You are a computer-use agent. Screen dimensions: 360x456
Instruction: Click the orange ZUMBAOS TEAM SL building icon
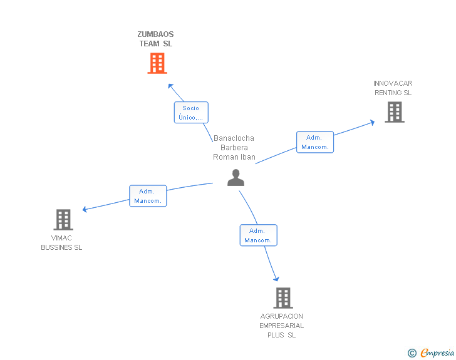[x=157, y=63]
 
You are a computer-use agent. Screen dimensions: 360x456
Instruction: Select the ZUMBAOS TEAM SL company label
[x=156, y=39]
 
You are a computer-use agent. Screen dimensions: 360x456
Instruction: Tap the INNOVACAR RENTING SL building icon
[x=394, y=112]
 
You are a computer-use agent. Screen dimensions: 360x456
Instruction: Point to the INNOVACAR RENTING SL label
[x=393, y=88]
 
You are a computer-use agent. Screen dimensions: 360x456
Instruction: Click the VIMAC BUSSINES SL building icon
[x=63, y=220]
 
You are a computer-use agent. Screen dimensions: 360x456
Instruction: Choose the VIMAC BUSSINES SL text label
[x=61, y=243]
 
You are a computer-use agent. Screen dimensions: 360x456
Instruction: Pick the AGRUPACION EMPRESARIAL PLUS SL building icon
[x=282, y=298]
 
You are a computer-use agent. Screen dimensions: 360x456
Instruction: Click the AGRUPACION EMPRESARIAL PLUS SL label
[x=281, y=326]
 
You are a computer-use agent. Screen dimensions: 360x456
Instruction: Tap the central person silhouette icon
[x=236, y=178]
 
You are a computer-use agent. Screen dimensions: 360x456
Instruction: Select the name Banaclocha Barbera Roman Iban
[x=234, y=148]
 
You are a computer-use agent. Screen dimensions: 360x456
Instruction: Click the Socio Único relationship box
[x=190, y=112]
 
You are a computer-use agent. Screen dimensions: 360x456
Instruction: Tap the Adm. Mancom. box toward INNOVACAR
[x=315, y=142]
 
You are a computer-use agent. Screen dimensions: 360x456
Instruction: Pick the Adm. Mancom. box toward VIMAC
[x=148, y=196]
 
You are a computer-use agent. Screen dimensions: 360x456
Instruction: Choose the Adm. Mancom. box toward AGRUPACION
[x=258, y=235]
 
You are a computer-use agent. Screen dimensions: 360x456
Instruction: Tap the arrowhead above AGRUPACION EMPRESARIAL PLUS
[x=276, y=279]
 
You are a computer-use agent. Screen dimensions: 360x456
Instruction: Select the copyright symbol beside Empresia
[x=412, y=353]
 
